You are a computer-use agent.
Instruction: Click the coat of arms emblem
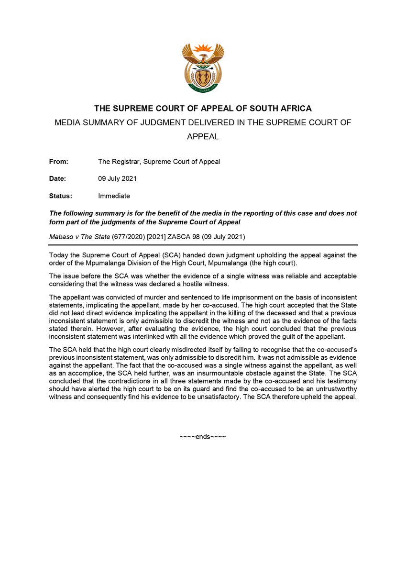(203, 67)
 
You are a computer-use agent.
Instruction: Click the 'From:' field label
(59, 162)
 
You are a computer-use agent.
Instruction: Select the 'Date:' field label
(57, 178)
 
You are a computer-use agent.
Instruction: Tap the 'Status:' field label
(60, 196)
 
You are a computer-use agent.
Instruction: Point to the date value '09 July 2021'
(118, 178)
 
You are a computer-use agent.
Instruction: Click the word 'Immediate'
(114, 196)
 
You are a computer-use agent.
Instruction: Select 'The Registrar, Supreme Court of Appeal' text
(159, 162)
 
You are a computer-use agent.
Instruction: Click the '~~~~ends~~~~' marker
(203, 437)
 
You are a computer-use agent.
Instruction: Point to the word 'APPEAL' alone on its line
(203, 136)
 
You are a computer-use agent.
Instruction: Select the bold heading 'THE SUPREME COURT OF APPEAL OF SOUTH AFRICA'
(203, 109)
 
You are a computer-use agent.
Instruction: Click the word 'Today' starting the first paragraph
(58, 255)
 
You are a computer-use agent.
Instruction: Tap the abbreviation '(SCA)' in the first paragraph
(164, 255)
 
